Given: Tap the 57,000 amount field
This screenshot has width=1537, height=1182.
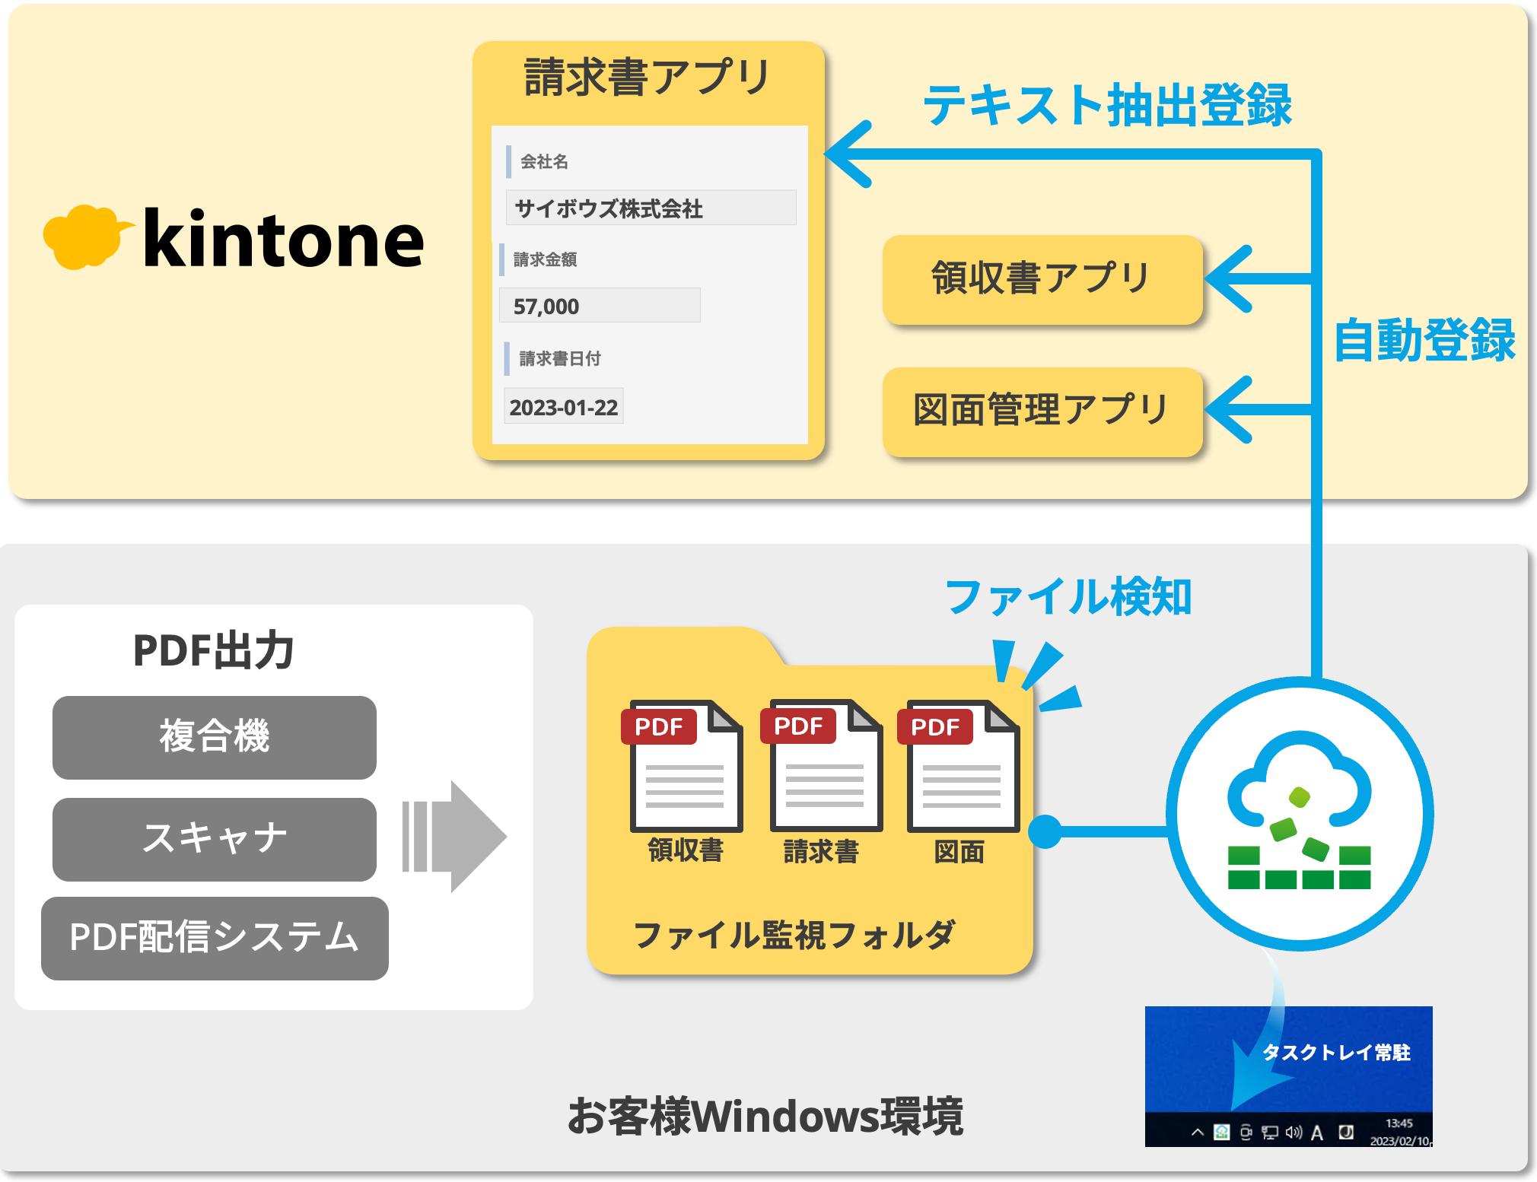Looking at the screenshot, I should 600,306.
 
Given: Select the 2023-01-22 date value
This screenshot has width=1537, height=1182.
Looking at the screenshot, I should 564,407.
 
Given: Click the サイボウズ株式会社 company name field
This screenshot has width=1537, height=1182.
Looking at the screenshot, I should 651,208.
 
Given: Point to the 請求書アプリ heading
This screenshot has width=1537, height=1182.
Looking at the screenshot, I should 648,78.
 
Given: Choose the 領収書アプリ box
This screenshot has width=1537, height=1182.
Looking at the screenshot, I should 1042,279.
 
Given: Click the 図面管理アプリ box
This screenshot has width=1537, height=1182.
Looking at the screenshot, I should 1042,411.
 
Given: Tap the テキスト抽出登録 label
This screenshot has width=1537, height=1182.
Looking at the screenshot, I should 1107,105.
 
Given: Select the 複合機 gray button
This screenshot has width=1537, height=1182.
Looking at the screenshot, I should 214,737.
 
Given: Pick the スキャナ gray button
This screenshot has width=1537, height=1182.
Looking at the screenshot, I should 214,838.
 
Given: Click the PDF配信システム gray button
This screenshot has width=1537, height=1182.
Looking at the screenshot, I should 215,938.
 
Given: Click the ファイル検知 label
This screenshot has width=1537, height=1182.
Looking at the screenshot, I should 1068,597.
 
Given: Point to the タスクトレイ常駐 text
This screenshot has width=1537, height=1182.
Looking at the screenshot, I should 1336,1052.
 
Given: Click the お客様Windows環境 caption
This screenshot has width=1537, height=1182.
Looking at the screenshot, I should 765,1117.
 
